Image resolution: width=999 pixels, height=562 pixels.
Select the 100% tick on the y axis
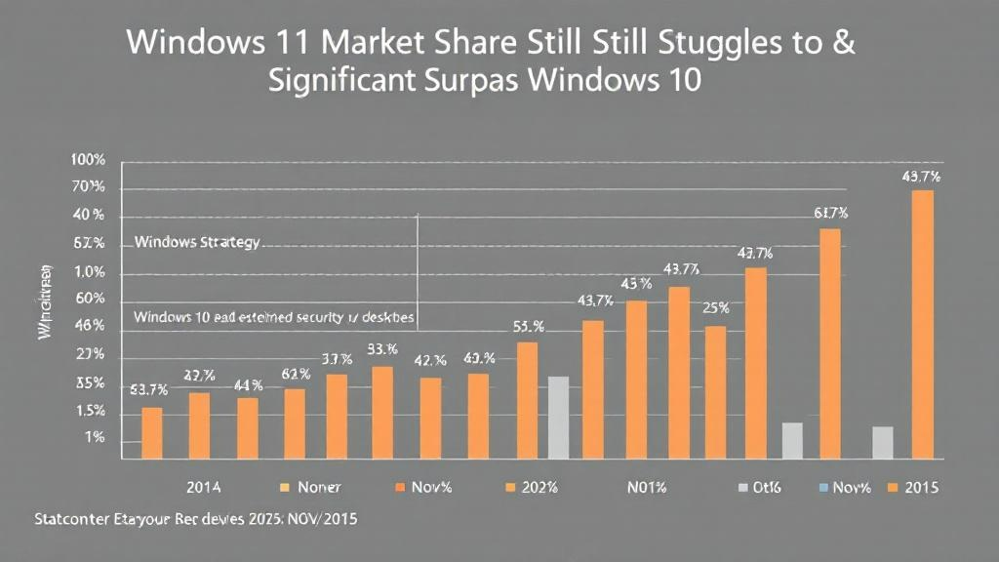88,160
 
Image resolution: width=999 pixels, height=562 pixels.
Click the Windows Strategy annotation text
197,241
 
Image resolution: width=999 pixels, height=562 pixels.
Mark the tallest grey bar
558,417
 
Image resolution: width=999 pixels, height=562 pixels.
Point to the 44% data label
248,384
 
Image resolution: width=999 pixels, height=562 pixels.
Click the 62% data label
296,374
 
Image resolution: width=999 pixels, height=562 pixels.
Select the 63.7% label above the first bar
149,389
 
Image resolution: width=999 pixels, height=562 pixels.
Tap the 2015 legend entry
914,486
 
